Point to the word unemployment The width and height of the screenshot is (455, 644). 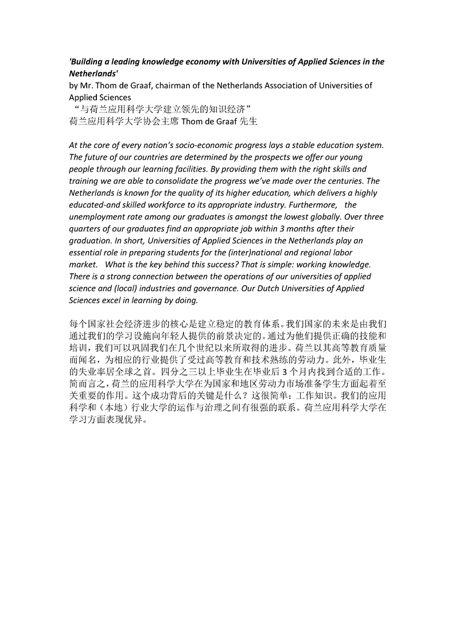pos(97,217)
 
